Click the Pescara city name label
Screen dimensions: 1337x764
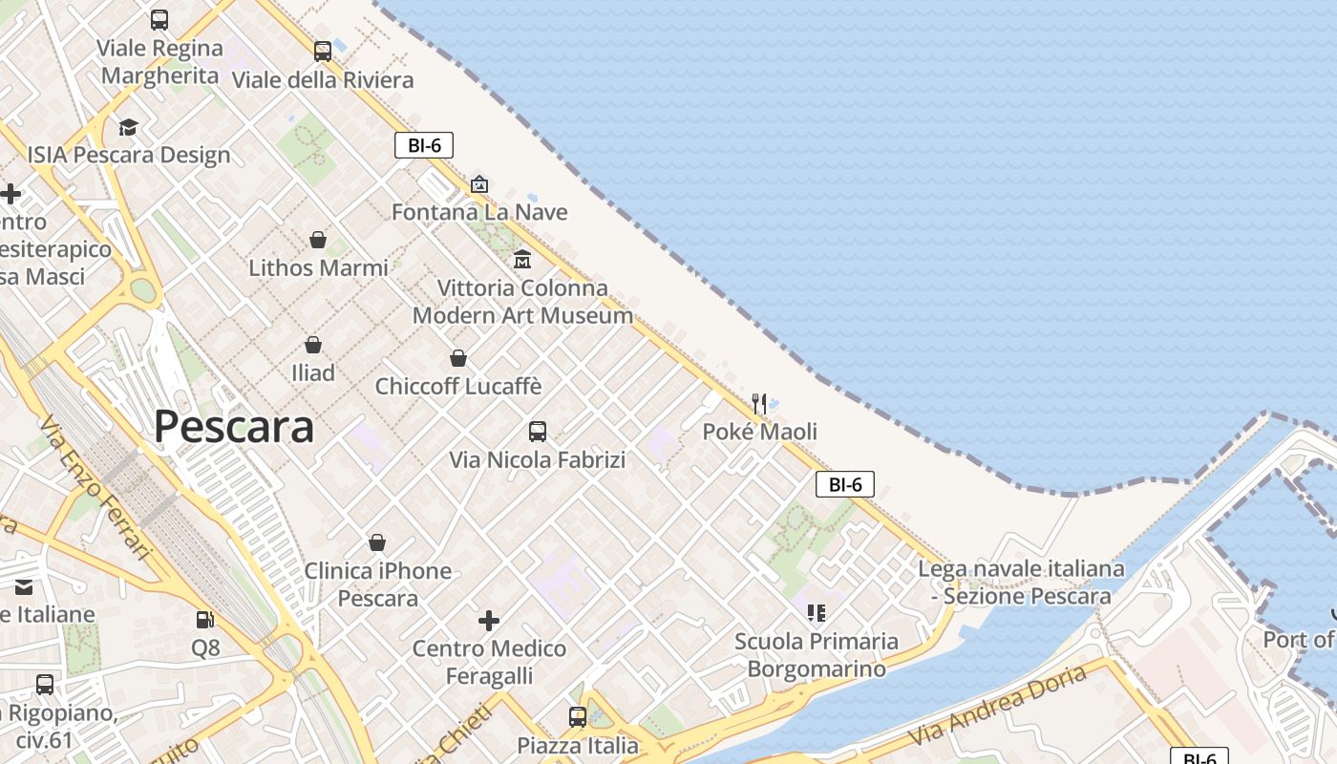[234, 427]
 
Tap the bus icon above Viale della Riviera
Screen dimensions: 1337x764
[323, 52]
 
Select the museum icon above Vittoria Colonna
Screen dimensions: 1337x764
[522, 259]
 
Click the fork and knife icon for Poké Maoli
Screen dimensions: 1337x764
[759, 403]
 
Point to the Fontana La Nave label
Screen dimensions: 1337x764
[479, 212]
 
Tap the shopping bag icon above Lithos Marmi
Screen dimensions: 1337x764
[318, 240]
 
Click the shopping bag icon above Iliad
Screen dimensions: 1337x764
[313, 345]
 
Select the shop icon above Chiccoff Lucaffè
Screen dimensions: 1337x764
[458, 358]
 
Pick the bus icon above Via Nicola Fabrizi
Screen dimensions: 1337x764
[538, 432]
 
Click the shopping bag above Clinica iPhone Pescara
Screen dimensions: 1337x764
[377, 542]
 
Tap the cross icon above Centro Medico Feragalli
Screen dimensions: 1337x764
[489, 621]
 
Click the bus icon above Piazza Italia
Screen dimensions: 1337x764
[578, 716]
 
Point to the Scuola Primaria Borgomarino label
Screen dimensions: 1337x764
[817, 654]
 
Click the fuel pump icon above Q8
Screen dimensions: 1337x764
[204, 620]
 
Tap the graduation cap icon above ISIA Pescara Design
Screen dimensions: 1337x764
[128, 127]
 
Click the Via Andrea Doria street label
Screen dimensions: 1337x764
[998, 707]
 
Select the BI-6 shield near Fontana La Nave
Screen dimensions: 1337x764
[423, 145]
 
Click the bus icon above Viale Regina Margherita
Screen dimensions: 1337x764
[159, 20]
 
